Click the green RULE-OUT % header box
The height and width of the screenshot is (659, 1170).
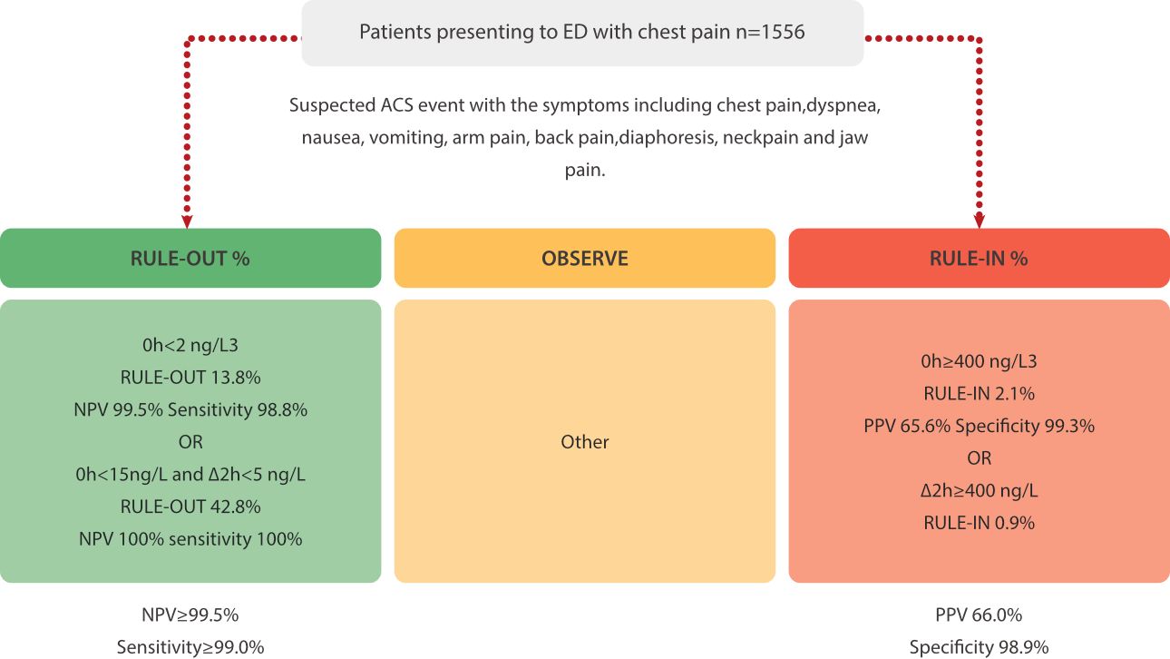pyautogui.click(x=190, y=258)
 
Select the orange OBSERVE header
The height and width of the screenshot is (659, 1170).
pyautogui.click(x=584, y=258)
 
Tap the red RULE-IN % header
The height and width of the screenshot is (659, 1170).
pyautogui.click(x=979, y=258)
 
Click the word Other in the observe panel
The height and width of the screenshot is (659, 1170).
pyautogui.click(x=584, y=442)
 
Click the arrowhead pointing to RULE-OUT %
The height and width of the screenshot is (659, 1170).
pyautogui.click(x=187, y=221)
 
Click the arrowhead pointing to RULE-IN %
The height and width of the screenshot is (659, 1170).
pyautogui.click(x=979, y=221)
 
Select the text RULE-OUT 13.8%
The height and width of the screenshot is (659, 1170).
pyautogui.click(x=190, y=378)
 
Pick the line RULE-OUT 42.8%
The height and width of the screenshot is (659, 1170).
pyautogui.click(x=190, y=507)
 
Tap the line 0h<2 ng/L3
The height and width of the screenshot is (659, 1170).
pyautogui.click(x=190, y=346)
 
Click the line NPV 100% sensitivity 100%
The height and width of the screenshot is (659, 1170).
pyautogui.click(x=190, y=539)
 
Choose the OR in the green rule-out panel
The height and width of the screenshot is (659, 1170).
pyautogui.click(x=190, y=442)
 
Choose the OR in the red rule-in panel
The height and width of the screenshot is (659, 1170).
pyautogui.click(x=979, y=458)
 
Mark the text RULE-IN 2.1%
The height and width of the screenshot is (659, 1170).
pyautogui.click(x=979, y=394)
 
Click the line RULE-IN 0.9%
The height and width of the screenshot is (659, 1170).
pyautogui.click(x=979, y=523)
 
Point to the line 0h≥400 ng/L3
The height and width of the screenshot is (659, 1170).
pyautogui.click(x=979, y=361)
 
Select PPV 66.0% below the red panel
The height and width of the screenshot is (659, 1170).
pyautogui.click(x=979, y=615)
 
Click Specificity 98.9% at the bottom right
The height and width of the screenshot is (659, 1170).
pyautogui.click(x=979, y=647)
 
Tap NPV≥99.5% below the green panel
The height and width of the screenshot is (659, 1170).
pyautogui.click(x=190, y=615)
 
